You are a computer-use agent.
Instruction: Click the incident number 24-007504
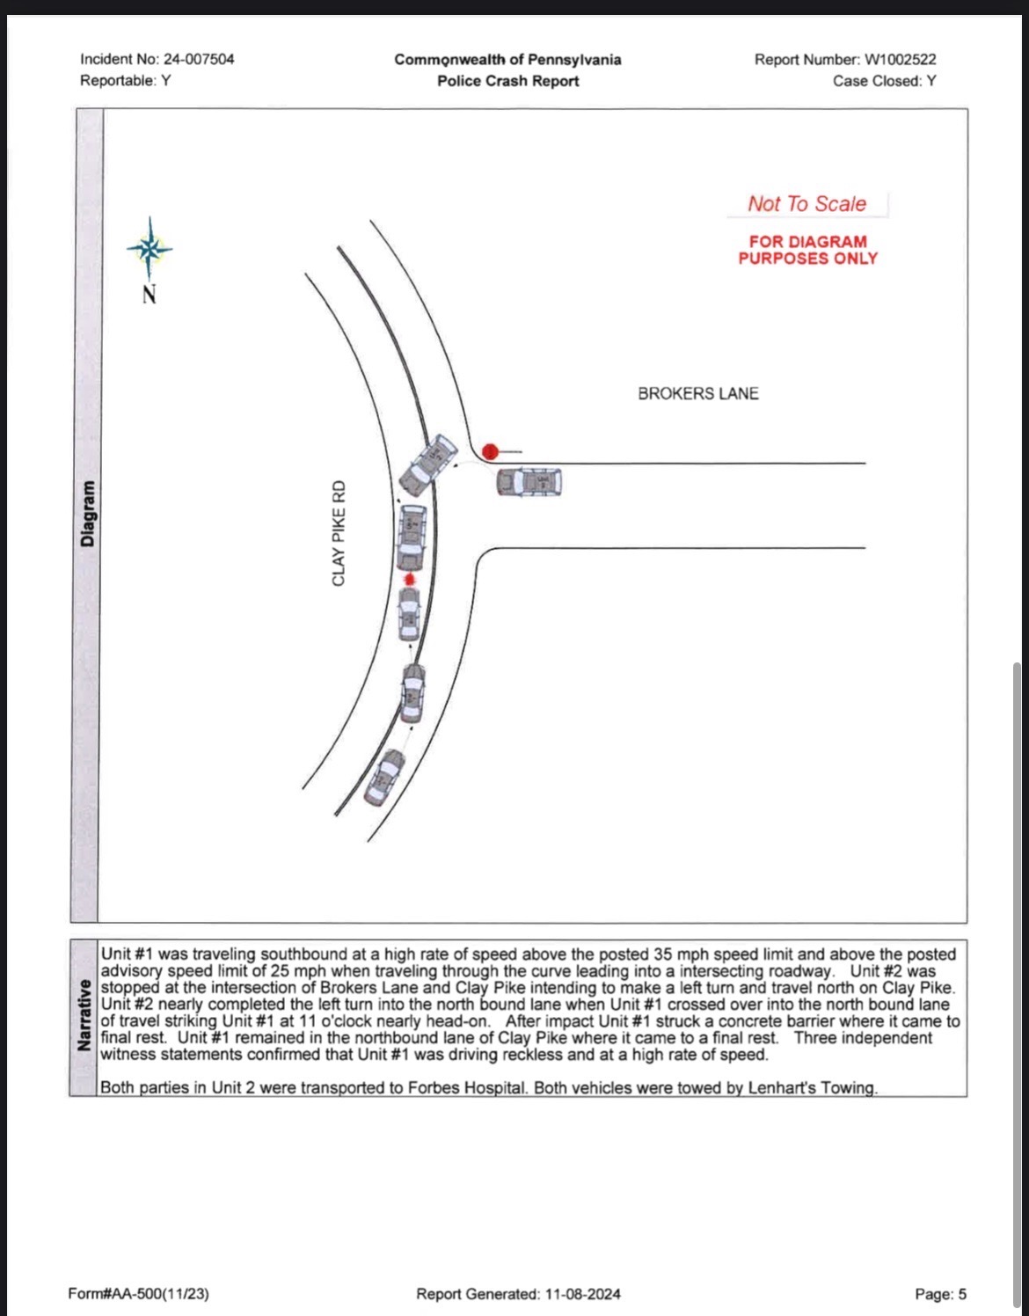pyautogui.click(x=198, y=59)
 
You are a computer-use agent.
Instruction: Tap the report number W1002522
pyautogui.click(x=901, y=59)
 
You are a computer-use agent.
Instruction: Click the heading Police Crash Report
pyautogui.click(x=507, y=81)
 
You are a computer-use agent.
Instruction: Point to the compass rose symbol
pyautogui.click(x=150, y=249)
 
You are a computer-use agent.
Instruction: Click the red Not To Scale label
pyautogui.click(x=806, y=204)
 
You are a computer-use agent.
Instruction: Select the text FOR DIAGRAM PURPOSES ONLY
pyautogui.click(x=807, y=250)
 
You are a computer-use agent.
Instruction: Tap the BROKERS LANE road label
pyautogui.click(x=697, y=393)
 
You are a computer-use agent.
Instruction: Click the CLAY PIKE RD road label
pyautogui.click(x=339, y=533)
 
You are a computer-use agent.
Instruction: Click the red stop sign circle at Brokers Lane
pyautogui.click(x=490, y=451)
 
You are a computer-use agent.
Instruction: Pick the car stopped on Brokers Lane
pyautogui.click(x=529, y=482)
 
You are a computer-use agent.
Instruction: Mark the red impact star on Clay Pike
pyautogui.click(x=409, y=580)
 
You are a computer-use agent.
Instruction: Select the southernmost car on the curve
pyautogui.click(x=384, y=777)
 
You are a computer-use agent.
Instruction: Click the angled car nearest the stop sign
pyautogui.click(x=427, y=464)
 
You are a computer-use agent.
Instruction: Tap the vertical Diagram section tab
pyautogui.click(x=87, y=515)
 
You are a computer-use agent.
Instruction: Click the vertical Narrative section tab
pyautogui.click(x=84, y=1014)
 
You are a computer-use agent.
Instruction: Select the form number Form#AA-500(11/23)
pyautogui.click(x=138, y=1293)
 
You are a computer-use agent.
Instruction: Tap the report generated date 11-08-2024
pyautogui.click(x=582, y=1293)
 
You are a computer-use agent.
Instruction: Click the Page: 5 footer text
pyautogui.click(x=940, y=1293)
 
